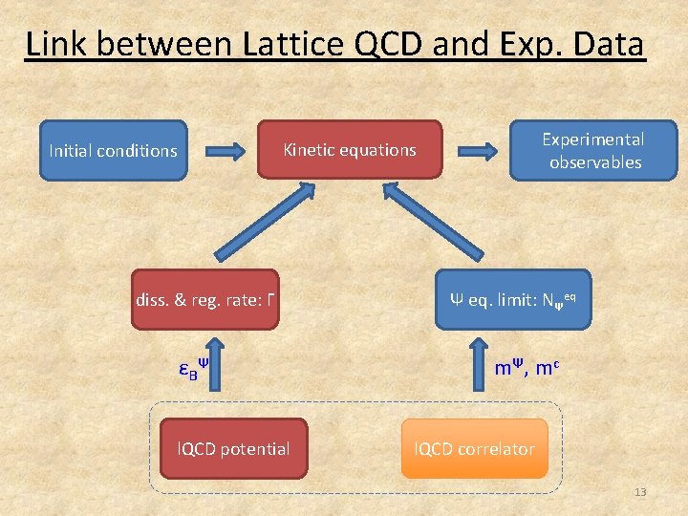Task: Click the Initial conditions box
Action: click(114, 150)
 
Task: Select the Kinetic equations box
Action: click(349, 149)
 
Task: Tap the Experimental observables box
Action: click(592, 150)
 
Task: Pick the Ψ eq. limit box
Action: click(512, 299)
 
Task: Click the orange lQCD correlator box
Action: click(474, 447)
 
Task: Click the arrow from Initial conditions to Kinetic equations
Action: click(222, 150)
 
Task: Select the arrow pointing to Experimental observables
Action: click(476, 150)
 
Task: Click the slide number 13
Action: click(640, 492)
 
